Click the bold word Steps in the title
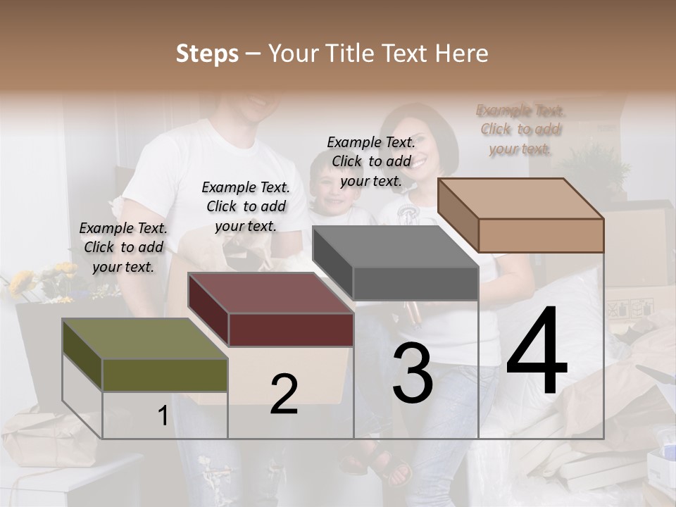coord(207,54)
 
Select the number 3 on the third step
coord(412,373)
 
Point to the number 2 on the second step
coord(284,394)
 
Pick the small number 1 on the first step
coord(163,416)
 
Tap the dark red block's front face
coord(291,330)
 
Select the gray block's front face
coord(415,284)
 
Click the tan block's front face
coord(541,235)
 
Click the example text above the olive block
coord(123,247)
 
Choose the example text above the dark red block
coord(246,206)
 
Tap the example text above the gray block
coord(371,161)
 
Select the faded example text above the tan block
coord(520,130)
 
